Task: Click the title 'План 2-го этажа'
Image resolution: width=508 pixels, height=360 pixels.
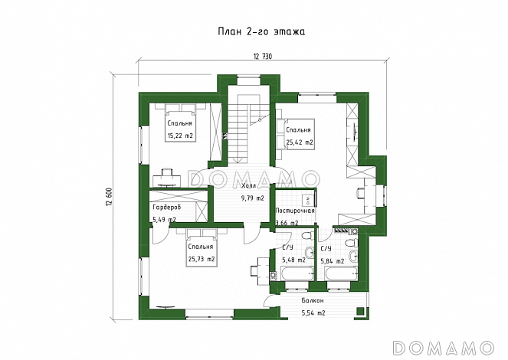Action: (261, 31)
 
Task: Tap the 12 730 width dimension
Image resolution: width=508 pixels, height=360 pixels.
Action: (262, 57)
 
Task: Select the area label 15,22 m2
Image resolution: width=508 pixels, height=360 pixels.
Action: (180, 136)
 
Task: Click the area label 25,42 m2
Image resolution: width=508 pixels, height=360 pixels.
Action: (300, 142)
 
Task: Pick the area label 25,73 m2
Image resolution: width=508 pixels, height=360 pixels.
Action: (202, 259)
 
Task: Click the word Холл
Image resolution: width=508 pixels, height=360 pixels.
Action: (249, 186)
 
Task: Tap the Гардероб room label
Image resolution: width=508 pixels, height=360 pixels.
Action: (166, 208)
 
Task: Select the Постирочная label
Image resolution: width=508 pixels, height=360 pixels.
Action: (295, 211)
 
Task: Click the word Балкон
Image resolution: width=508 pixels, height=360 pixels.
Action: (313, 300)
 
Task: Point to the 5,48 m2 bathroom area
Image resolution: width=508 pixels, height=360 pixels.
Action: (294, 260)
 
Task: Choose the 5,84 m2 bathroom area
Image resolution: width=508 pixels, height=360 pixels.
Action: (333, 261)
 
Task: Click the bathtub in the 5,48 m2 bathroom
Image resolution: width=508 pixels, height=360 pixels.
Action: (297, 273)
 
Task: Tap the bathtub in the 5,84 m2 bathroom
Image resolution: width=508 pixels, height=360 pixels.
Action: (341, 273)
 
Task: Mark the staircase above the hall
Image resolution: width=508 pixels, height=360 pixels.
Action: (249, 129)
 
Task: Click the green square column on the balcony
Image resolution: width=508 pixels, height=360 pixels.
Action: (359, 312)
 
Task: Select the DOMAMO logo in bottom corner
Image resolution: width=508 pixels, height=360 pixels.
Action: (444, 348)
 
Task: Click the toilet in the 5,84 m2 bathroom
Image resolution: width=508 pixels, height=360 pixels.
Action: (352, 242)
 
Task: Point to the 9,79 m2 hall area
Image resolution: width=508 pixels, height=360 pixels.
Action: (253, 198)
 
